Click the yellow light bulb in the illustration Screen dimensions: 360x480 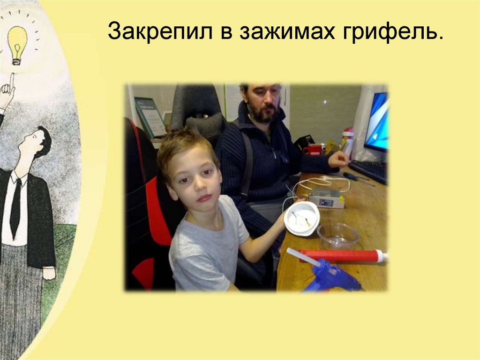tap(17, 42)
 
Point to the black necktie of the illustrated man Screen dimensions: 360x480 tap(16, 207)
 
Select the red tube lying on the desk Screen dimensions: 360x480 tap(342, 255)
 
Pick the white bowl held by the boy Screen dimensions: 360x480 tap(302, 218)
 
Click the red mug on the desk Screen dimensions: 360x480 tap(313, 150)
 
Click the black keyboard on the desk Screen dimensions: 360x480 tap(370, 171)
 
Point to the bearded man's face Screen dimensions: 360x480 tap(263, 104)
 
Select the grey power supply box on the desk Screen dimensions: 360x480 tap(326, 198)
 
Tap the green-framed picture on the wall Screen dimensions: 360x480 tap(150, 117)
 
